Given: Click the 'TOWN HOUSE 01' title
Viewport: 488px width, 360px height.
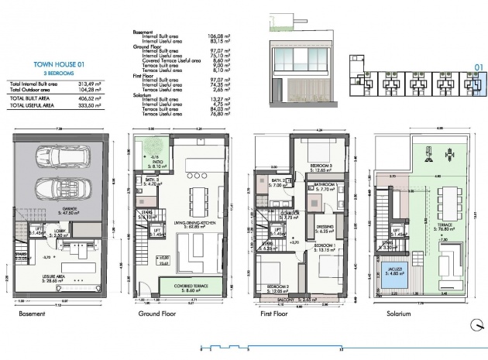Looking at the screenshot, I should click(x=53, y=66).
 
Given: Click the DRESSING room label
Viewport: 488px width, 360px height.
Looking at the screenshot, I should click(x=325, y=228).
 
